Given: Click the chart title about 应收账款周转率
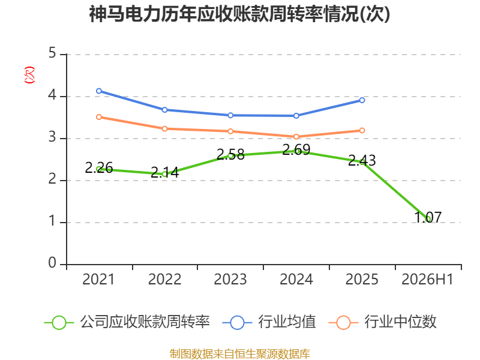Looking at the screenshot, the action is tap(239, 14).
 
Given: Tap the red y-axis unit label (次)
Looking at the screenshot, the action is tap(29, 75).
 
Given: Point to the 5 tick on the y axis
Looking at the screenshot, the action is tap(52, 53).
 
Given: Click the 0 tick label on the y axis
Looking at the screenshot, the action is tap(52, 263).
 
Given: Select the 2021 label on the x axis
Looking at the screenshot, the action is tap(98, 279).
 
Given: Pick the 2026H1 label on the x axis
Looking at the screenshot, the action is tap(427, 279).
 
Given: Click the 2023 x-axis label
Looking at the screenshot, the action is tap(230, 279).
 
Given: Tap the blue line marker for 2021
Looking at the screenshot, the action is tap(99, 91).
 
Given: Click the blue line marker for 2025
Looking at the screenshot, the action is tap(362, 100).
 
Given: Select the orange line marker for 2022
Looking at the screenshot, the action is tap(164, 129).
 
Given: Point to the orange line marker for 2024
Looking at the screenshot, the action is tap(296, 137).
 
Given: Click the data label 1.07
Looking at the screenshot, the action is tap(428, 217).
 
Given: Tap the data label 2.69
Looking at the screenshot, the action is tap(296, 149).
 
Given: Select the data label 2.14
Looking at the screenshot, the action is tap(164, 172).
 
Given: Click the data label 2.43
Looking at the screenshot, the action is tap(362, 160).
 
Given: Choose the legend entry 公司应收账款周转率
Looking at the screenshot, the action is tap(127, 322).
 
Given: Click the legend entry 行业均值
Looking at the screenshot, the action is tap(269, 322).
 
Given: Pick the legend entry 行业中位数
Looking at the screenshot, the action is tap(382, 322).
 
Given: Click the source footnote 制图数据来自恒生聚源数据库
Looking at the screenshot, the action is tap(239, 354).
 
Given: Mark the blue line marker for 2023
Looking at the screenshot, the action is tap(230, 115).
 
